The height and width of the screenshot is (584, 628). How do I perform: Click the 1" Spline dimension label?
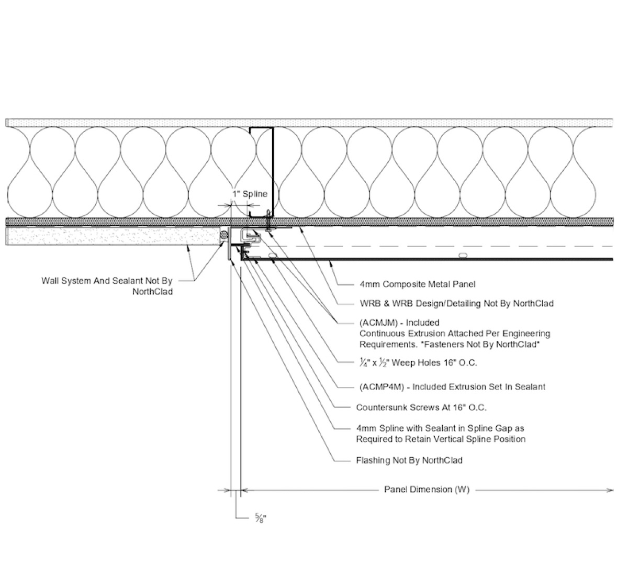(x=250, y=194)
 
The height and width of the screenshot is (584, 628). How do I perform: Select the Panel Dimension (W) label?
(x=427, y=490)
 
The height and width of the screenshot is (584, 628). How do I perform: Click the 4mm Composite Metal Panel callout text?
(x=418, y=284)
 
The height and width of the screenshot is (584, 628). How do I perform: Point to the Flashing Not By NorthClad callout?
(x=409, y=460)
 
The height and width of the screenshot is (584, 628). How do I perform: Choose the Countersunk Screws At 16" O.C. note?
(x=422, y=407)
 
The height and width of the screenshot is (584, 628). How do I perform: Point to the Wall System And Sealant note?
(x=107, y=286)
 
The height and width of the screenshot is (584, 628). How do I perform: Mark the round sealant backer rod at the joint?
(x=225, y=235)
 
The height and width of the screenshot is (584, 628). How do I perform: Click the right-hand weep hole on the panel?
(x=462, y=255)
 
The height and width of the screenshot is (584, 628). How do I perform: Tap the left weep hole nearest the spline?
(x=273, y=255)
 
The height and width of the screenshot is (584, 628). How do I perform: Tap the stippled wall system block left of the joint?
(x=113, y=237)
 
